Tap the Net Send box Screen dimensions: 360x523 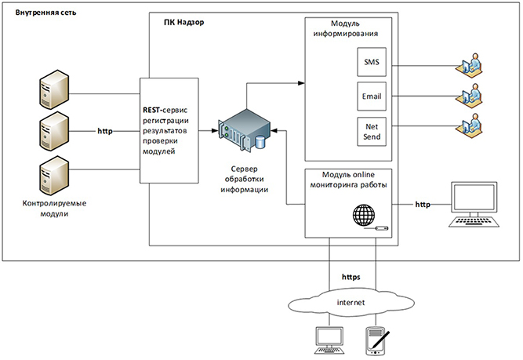pos(371,130)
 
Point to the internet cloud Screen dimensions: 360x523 pos(353,301)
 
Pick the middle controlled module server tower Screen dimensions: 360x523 pos(52,130)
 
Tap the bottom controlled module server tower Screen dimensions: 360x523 pos(52,175)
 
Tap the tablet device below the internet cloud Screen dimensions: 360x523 pos(376,340)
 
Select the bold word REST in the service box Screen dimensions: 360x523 pos(154,111)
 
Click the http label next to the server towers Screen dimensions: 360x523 pos(105,130)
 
